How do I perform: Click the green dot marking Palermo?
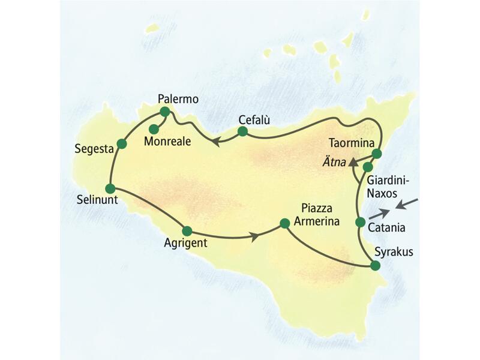[x=165, y=112]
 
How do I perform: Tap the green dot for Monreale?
[x=154, y=128]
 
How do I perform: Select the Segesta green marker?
[x=122, y=143]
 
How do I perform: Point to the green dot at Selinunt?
[x=110, y=188]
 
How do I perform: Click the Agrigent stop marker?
[x=187, y=230]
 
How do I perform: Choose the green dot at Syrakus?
[x=376, y=266]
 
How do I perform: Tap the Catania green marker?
[x=360, y=223]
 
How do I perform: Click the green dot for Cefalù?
[x=242, y=131]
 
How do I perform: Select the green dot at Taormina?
[x=377, y=154]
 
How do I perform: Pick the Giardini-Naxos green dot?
[x=368, y=166]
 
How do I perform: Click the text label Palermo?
[x=178, y=98]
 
